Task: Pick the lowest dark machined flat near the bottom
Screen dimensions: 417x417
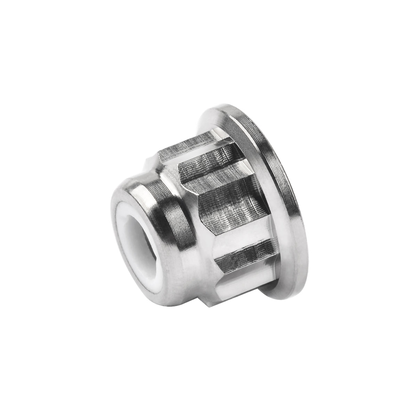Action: pos(243,254)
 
